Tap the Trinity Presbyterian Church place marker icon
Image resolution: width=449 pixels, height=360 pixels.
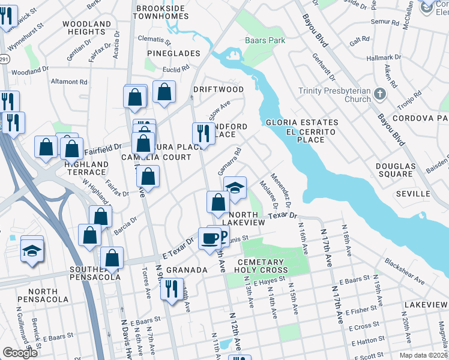(379, 94)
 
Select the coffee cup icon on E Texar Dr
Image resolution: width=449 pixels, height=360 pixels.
(210, 238)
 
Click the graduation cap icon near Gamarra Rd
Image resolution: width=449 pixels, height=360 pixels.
(235, 187)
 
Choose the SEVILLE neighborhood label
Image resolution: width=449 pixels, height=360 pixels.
(413, 194)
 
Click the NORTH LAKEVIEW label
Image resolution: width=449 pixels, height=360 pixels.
(246, 218)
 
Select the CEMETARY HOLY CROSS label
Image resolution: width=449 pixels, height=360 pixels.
(260, 266)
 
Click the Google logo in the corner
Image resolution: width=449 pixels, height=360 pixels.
(20, 353)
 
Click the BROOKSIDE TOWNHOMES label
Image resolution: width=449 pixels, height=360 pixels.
(166, 14)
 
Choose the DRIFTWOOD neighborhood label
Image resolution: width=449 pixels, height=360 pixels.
(218, 89)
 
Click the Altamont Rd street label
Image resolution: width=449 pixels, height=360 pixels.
(69, 82)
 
